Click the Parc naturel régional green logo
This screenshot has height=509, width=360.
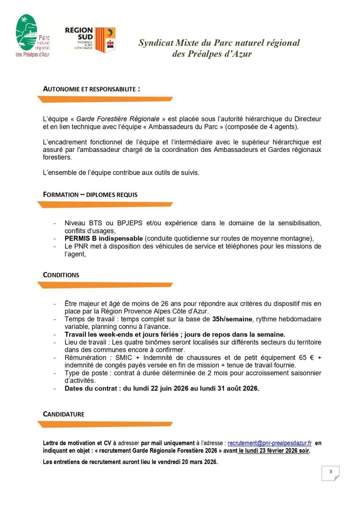(32, 36)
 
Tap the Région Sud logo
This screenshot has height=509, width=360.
(90, 40)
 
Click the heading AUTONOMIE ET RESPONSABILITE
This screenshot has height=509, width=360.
(91, 89)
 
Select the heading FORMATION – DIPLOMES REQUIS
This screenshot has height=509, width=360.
(90, 195)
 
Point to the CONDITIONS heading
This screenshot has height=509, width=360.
(61, 275)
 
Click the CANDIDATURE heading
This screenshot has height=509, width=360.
(64, 414)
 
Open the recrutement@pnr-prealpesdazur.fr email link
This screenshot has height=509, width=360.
(269, 443)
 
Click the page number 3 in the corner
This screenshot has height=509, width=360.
(330, 472)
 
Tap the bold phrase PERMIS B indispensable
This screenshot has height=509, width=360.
(103, 239)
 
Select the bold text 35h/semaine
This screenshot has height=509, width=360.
(232, 319)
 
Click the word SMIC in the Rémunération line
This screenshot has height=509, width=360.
(124, 358)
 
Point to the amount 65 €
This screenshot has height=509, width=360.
(306, 358)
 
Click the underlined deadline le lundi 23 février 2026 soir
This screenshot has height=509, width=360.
(274, 451)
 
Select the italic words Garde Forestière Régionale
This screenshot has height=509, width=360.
(118, 119)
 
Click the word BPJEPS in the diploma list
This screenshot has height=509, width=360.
(130, 223)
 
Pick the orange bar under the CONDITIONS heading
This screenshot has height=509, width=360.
(105, 285)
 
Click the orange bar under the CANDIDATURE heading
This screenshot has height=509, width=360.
(105, 424)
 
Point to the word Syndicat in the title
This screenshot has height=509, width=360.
(156, 43)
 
